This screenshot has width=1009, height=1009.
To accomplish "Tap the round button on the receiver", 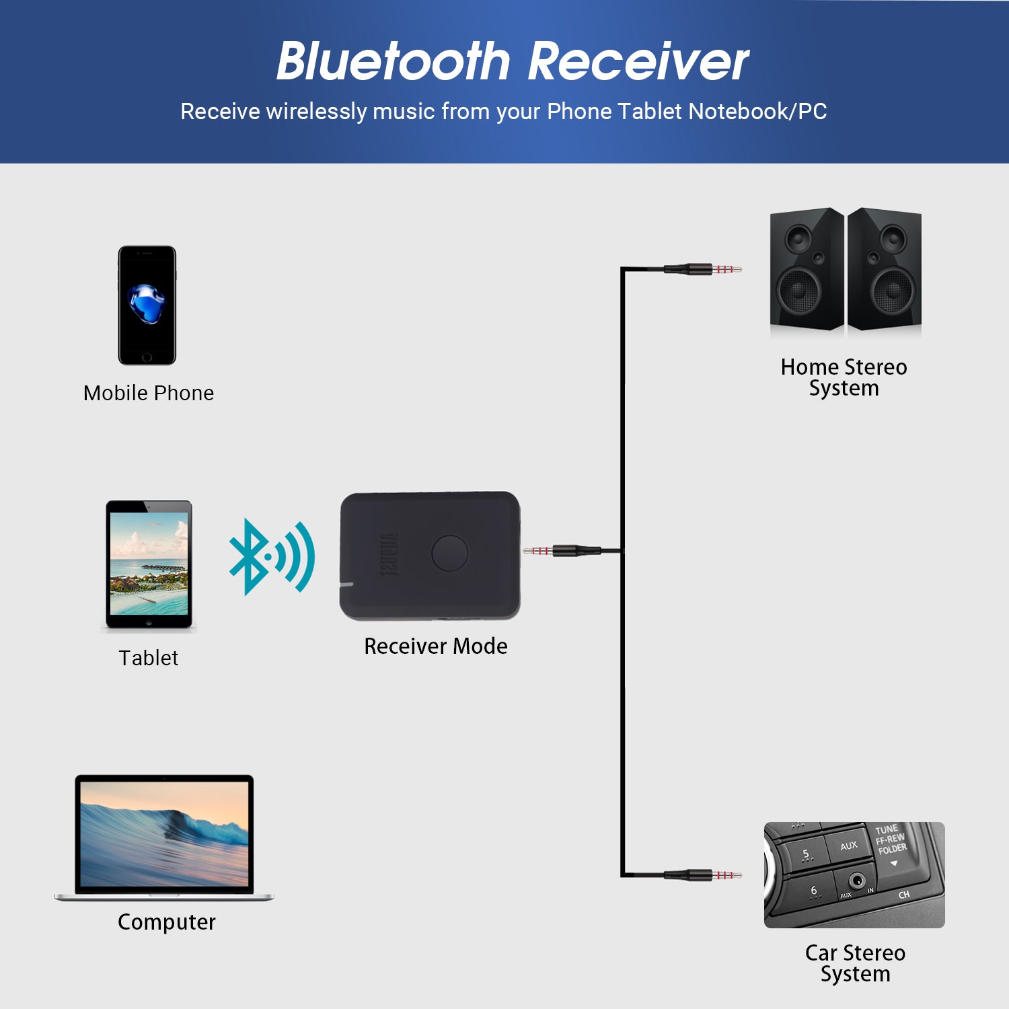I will [449, 553].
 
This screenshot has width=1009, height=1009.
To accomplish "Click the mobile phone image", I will [147, 305].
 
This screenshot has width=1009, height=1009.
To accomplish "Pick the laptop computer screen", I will [164, 834].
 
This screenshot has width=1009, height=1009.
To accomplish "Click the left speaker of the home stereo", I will [806, 269].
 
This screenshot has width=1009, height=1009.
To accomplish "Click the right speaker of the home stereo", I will [884, 269].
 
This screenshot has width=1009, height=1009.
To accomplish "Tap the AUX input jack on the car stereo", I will [857, 880].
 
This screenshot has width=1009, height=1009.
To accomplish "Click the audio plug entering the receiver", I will [558, 551].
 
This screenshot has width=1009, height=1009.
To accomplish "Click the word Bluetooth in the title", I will [394, 62].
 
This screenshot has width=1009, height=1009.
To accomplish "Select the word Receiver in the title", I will [638, 62].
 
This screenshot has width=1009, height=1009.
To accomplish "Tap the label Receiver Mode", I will [435, 646].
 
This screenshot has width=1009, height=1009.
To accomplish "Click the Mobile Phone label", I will [149, 393].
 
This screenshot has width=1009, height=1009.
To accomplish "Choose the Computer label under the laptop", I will [166, 922].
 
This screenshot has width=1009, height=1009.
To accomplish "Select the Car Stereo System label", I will [855, 963].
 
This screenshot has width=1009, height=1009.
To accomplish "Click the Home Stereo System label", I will [844, 377].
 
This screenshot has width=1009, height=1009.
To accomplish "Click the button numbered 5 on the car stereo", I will [805, 854].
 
